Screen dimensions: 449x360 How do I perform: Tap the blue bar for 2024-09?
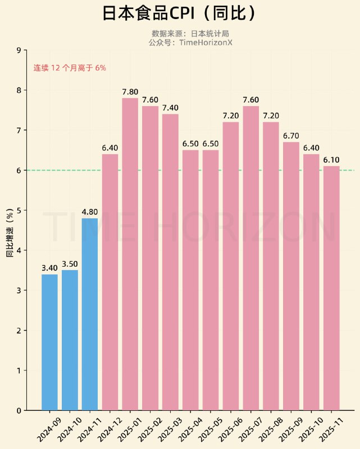pos(49,342)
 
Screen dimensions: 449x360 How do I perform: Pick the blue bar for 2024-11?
pos(90,314)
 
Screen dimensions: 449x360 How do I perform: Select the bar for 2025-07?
pos(251,258)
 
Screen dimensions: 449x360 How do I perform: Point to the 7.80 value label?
pos(130,92)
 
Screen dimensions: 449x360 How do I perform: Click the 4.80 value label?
pos(90,212)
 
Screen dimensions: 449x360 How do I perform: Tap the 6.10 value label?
pos(331,160)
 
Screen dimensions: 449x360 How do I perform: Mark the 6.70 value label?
pos(291,136)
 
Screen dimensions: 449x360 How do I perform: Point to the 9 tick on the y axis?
pos(19,51)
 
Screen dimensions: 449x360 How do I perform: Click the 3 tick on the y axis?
pos(19,290)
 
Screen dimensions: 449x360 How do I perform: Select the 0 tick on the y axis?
pos(19,410)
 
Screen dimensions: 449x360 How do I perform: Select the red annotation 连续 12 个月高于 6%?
pos(70,68)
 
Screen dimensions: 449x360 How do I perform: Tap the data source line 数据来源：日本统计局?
pos(190,34)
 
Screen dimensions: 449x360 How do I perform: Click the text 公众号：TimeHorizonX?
pos(190,43)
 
